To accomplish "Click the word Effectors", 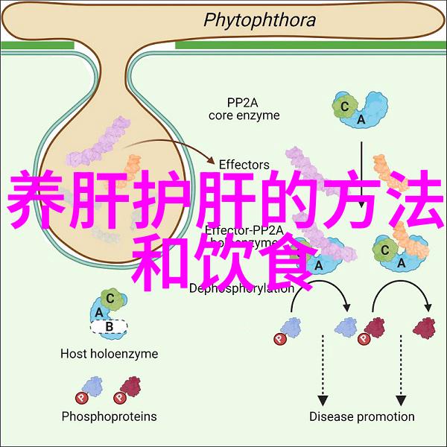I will (x=244, y=163).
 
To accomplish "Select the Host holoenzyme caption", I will (x=110, y=354).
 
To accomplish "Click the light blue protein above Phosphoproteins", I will (x=92, y=386).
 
